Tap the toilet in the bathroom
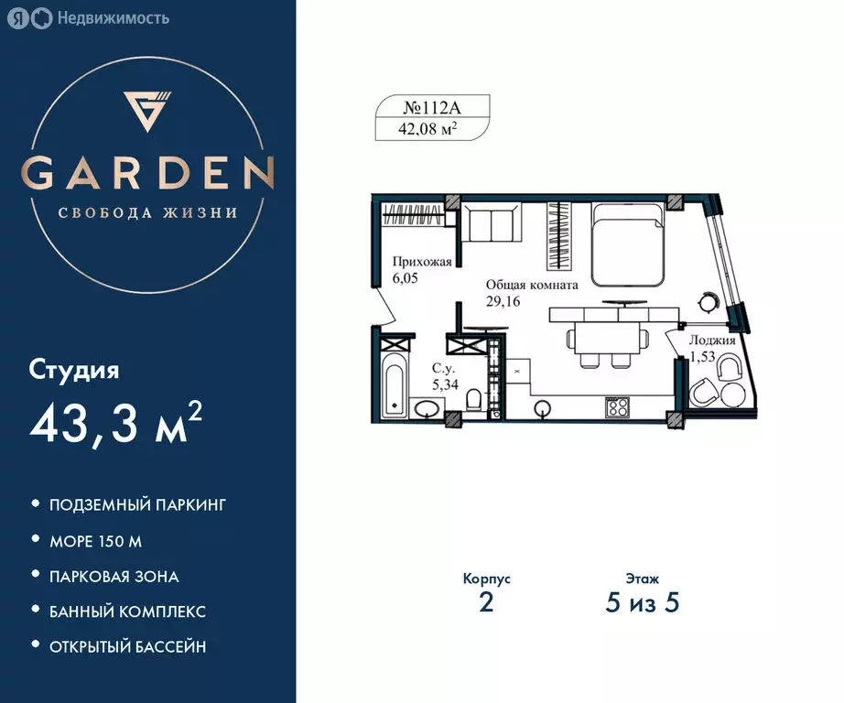(x=473, y=402)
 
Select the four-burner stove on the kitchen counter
(x=616, y=406)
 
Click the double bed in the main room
(x=626, y=242)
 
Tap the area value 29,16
(x=503, y=301)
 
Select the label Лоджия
(x=713, y=340)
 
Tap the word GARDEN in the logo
(x=148, y=172)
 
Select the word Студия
(x=75, y=371)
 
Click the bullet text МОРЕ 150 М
(x=95, y=541)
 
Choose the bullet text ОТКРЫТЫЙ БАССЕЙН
(x=127, y=646)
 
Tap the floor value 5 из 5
(x=644, y=604)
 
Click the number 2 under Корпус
(x=486, y=604)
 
